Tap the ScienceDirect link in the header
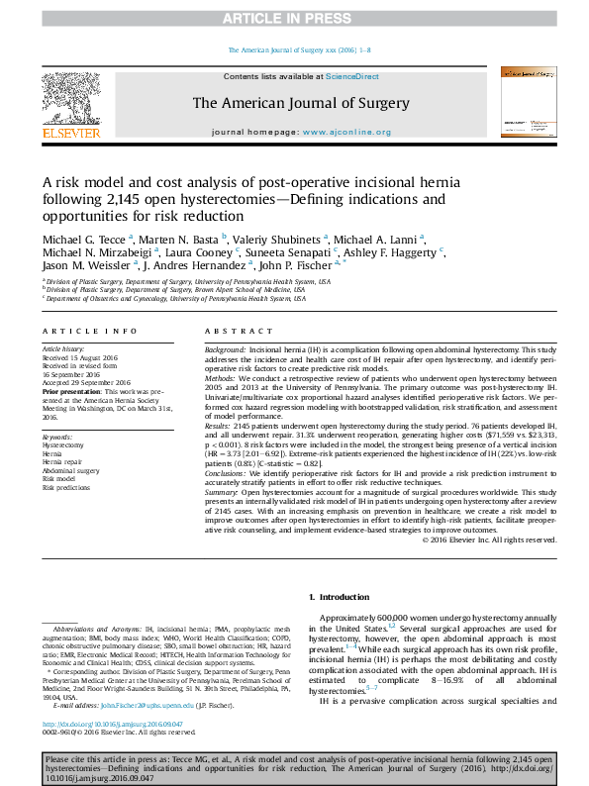(x=352, y=76)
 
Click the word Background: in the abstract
(x=225, y=350)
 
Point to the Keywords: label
(x=57, y=437)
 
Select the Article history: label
(x=64, y=350)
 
